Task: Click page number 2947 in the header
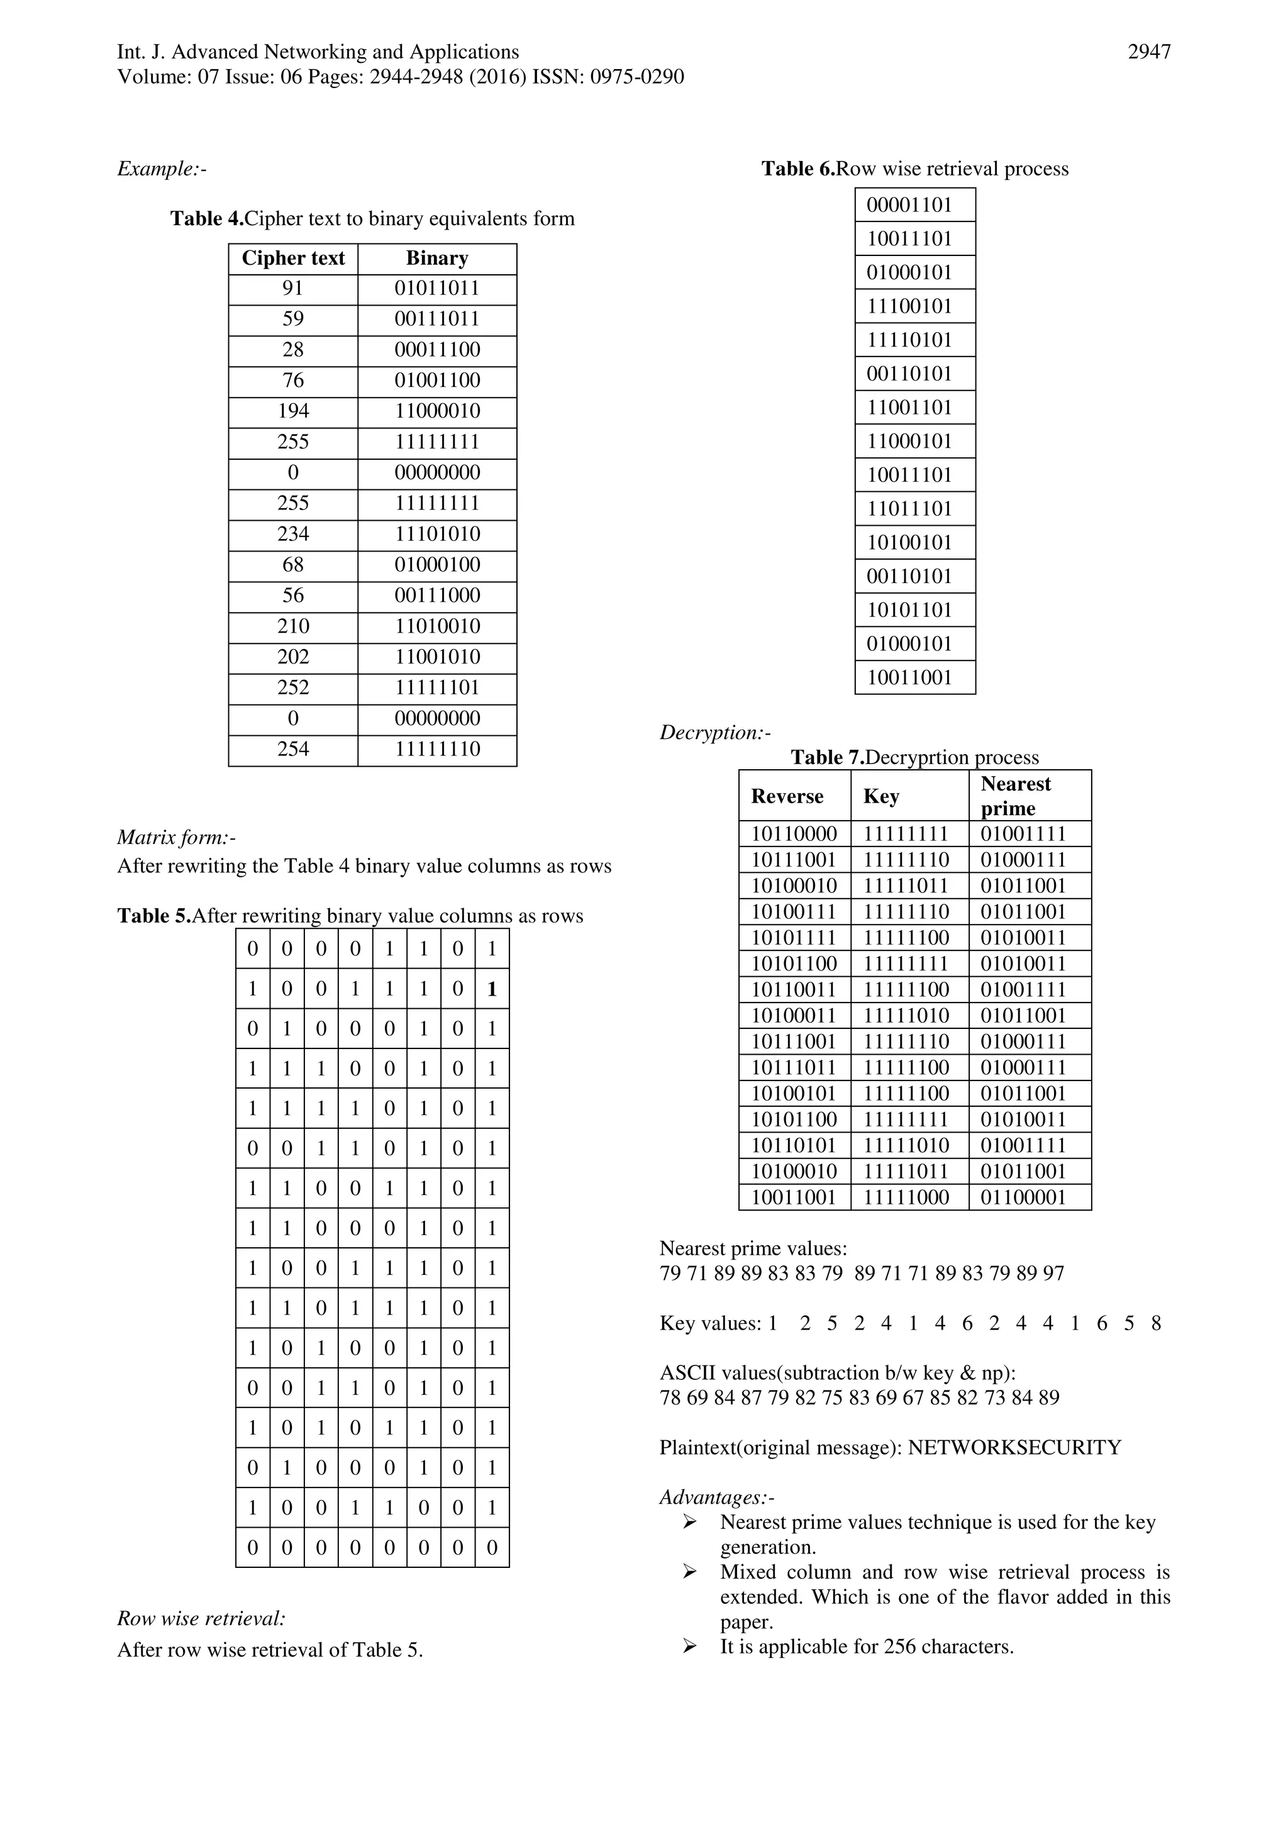tap(1148, 52)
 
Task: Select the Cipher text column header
tap(293, 258)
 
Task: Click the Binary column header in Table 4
tap(436, 258)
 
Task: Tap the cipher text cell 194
tap(293, 411)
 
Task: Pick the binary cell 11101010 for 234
tap(437, 534)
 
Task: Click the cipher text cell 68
tap(293, 565)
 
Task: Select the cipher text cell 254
tap(293, 749)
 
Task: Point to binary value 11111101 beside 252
tap(437, 688)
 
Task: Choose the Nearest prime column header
tap(1015, 796)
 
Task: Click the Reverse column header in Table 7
tap(787, 797)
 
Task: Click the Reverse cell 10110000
tap(794, 834)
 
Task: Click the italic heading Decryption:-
tap(715, 733)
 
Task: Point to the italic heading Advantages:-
tap(716, 1497)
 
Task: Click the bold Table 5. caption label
tap(154, 916)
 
